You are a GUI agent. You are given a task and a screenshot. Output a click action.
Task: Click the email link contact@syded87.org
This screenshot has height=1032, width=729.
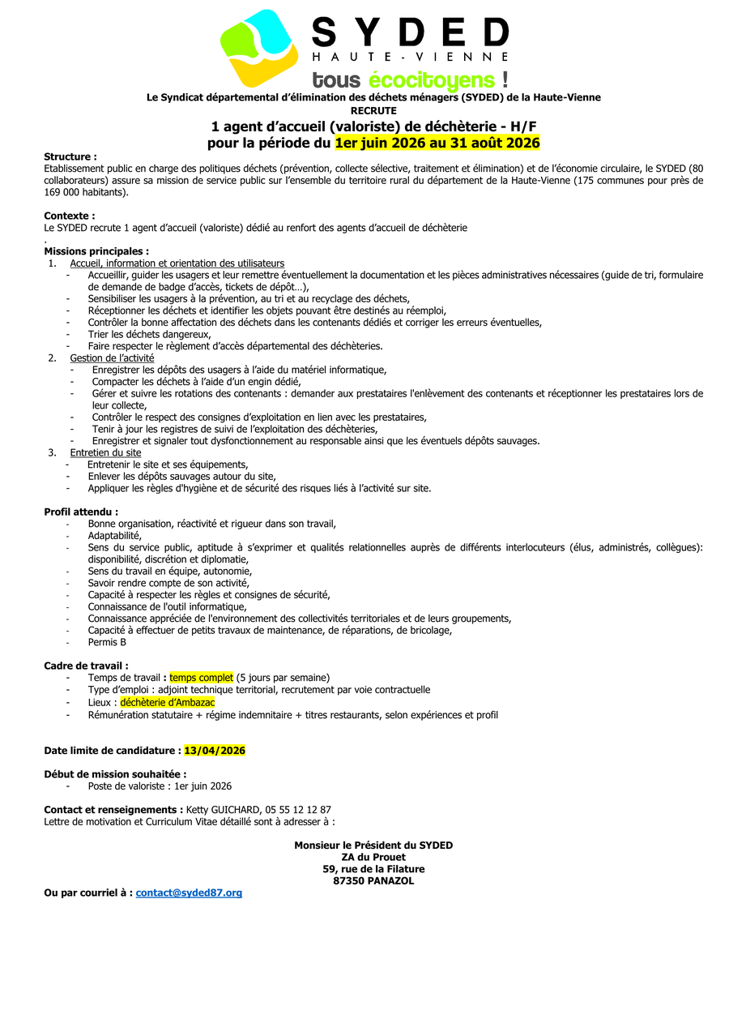point(189,893)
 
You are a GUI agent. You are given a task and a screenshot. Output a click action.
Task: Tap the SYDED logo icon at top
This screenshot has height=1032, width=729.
point(259,47)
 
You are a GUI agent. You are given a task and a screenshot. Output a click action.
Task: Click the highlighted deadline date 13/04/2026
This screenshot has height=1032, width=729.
point(215,751)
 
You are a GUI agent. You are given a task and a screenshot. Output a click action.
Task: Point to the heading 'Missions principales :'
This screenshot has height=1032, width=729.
point(96,251)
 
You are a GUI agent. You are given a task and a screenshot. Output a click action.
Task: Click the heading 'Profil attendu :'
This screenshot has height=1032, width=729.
point(81,512)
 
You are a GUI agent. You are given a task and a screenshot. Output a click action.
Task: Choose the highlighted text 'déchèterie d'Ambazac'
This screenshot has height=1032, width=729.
point(168,702)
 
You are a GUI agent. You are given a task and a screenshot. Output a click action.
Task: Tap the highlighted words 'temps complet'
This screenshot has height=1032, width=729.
point(201,677)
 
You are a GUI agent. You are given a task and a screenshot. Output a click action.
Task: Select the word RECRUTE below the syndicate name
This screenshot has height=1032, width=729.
point(373,110)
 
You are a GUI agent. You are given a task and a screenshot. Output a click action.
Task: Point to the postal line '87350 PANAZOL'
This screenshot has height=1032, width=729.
point(373,880)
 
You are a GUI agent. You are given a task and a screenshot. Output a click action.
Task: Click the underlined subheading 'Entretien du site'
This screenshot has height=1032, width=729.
point(105,452)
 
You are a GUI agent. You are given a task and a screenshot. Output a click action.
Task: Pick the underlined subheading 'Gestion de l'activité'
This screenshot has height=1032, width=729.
point(112,358)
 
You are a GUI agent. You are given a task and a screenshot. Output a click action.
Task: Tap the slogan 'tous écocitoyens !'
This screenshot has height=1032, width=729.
point(410,79)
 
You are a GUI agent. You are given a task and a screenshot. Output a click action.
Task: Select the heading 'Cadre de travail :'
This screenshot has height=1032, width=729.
point(86,666)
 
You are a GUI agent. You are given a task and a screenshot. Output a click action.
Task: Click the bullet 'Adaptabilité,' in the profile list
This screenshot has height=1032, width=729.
point(115,535)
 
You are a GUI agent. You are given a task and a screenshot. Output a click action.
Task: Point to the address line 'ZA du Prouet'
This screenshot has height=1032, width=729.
point(373,857)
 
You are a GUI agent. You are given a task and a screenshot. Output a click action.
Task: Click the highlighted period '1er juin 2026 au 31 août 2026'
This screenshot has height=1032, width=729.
point(437,143)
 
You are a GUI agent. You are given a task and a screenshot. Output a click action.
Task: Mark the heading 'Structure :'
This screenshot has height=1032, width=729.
point(70,156)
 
